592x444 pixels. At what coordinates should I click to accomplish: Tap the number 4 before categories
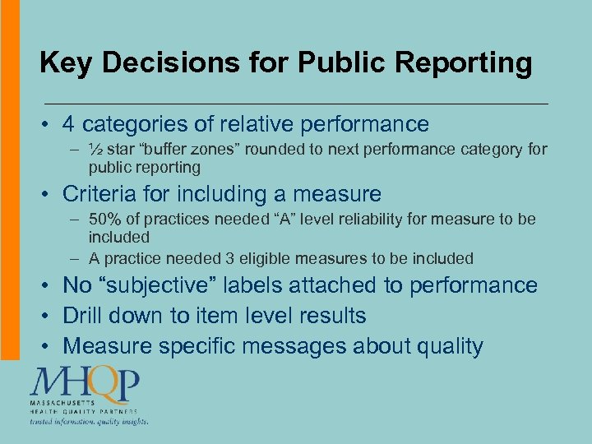[69, 124]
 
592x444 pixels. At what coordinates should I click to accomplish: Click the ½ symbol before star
[96, 149]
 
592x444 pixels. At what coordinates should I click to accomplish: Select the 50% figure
[106, 219]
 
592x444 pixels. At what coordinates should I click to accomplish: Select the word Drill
[86, 316]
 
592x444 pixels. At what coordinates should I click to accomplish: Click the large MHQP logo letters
[86, 384]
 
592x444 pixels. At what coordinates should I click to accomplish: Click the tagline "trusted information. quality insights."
[90, 421]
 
